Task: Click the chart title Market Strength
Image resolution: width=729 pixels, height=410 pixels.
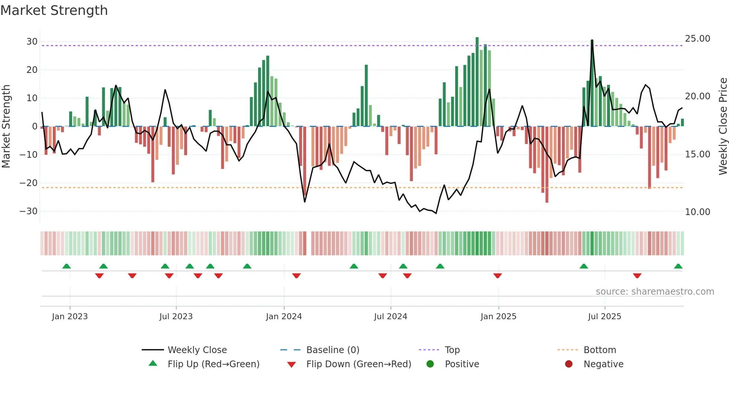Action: coord(54,10)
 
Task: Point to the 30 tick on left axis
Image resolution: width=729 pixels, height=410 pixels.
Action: coord(32,42)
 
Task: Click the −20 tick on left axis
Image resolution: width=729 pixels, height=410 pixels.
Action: coord(29,183)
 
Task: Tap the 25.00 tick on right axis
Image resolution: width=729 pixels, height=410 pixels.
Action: coord(697,39)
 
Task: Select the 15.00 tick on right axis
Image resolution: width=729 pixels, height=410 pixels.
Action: coord(697,154)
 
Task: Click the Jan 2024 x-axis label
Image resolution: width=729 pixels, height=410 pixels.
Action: coord(284,317)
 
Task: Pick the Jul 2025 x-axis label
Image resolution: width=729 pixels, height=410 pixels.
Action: coord(604,317)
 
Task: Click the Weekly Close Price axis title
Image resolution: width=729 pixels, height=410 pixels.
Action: coord(723,126)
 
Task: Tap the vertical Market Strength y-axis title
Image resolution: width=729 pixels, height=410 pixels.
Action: coord(6,126)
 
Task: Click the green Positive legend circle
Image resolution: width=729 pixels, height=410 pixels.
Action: coord(430,364)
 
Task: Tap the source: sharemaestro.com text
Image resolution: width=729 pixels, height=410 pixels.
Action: coord(655,292)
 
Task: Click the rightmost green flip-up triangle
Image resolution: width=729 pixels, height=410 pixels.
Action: coord(678,266)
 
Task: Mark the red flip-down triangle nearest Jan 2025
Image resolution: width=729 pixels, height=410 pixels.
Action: coord(498,276)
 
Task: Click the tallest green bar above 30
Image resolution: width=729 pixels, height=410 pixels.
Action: coord(477,82)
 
